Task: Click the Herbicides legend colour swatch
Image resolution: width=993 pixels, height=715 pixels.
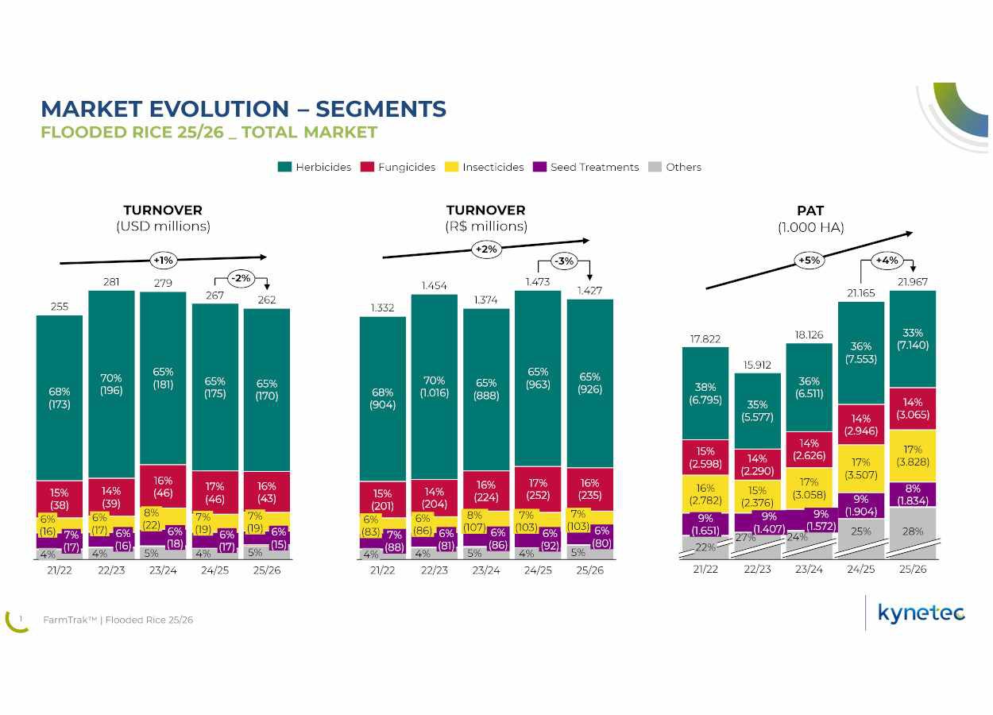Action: pyautogui.click(x=284, y=167)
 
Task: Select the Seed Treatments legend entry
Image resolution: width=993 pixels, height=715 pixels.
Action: pyautogui.click(x=586, y=167)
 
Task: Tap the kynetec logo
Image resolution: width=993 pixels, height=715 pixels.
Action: pyautogui.click(x=922, y=613)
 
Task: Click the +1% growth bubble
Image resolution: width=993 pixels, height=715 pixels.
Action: pyautogui.click(x=163, y=261)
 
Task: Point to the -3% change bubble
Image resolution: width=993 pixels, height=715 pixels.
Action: pyautogui.click(x=564, y=261)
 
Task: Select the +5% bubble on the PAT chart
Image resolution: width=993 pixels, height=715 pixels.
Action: pyautogui.click(x=809, y=261)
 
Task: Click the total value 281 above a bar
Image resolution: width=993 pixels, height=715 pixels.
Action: pyautogui.click(x=111, y=282)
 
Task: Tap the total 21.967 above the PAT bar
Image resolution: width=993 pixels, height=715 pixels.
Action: pyautogui.click(x=912, y=282)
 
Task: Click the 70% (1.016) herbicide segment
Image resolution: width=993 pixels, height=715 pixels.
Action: pyautogui.click(x=434, y=387)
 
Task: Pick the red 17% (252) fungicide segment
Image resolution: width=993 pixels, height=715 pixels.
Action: pyautogui.click(x=538, y=489)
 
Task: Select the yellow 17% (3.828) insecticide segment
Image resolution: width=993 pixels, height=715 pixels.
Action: pyautogui.click(x=912, y=456)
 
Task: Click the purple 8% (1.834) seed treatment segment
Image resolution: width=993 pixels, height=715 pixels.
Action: pyautogui.click(x=912, y=495)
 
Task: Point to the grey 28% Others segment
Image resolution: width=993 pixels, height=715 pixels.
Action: pyautogui.click(x=912, y=533)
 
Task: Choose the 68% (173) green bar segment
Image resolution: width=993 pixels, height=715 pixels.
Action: pyautogui.click(x=60, y=398)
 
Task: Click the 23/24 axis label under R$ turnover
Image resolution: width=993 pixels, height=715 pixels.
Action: pyautogui.click(x=486, y=570)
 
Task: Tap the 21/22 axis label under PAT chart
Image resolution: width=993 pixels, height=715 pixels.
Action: pyautogui.click(x=705, y=569)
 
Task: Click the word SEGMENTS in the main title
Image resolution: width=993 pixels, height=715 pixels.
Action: pyautogui.click(x=381, y=109)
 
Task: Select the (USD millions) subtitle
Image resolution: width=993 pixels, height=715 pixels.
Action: pyautogui.click(x=163, y=226)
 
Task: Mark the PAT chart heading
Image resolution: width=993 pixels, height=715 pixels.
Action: pyautogui.click(x=810, y=211)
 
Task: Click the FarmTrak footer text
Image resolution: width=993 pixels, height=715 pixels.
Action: pyautogui.click(x=118, y=620)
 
